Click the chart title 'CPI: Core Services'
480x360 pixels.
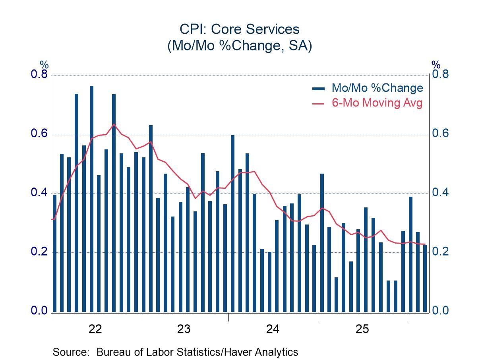click(x=240, y=29)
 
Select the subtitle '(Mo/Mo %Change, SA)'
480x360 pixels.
click(x=240, y=45)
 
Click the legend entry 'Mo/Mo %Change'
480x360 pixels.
click(x=377, y=88)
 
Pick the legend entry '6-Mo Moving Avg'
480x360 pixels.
click(x=377, y=103)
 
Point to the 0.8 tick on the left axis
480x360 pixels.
click(x=39, y=75)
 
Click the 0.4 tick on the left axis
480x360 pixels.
click(x=39, y=193)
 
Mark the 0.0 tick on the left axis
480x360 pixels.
click(x=39, y=311)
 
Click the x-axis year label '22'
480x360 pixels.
click(x=95, y=329)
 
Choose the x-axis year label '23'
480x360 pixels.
click(x=184, y=329)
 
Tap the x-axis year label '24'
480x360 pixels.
click(x=273, y=329)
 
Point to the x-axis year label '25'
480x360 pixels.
click(x=362, y=329)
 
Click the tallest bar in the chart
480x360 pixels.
click(x=91, y=199)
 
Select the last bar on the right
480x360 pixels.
click(x=425, y=278)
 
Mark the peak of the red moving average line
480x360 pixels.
click(x=114, y=124)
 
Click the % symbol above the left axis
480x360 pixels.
click(x=44, y=65)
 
